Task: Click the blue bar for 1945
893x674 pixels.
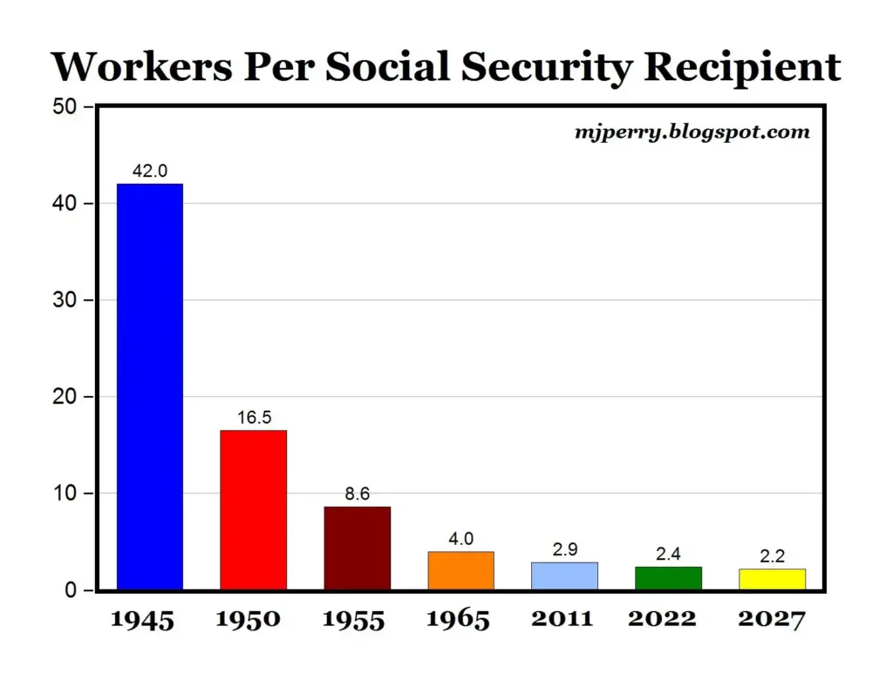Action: [150, 386]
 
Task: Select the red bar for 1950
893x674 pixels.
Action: [254, 509]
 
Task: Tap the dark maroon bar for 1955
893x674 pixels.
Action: [358, 548]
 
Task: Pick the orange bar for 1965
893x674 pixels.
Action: [460, 570]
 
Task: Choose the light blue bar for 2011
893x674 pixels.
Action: [564, 575]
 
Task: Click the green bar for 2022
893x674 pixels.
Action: [668, 578]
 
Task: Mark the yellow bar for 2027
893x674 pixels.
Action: [772, 579]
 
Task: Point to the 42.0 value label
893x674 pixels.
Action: [150, 172]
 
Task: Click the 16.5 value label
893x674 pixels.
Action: [254, 418]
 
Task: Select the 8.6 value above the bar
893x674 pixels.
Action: [358, 494]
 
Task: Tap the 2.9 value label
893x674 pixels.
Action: [564, 550]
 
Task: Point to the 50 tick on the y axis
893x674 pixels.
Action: [66, 107]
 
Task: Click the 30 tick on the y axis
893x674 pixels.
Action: [66, 301]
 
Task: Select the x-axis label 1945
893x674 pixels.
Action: [142, 619]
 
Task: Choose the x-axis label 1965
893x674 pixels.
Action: [458, 619]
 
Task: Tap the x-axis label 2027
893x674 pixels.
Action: [771, 619]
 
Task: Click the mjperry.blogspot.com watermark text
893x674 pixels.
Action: [692, 133]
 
